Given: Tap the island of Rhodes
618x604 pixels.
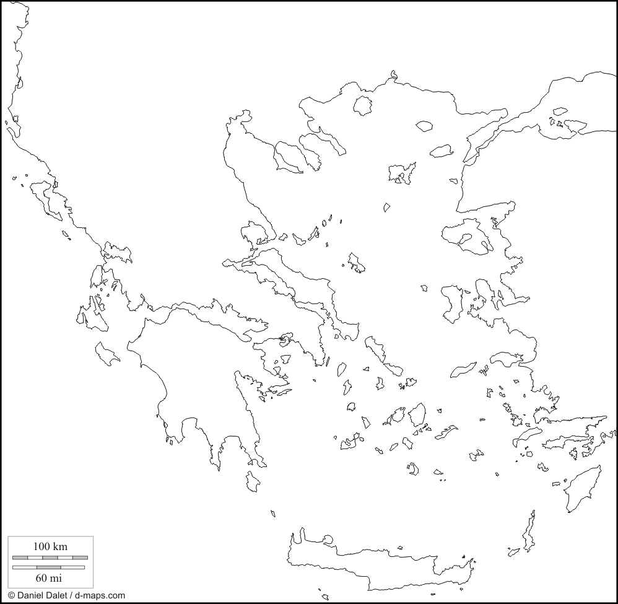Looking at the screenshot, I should pos(580,486).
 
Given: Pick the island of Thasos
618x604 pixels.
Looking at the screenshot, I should pos(363,105).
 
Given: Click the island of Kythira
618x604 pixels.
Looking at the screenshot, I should pos(253,481).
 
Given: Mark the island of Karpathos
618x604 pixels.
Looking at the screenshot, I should pos(529,533).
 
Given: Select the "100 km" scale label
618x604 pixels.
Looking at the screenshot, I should pos(50,546).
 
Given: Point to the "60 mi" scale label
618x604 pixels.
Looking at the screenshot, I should pos(50,578).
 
